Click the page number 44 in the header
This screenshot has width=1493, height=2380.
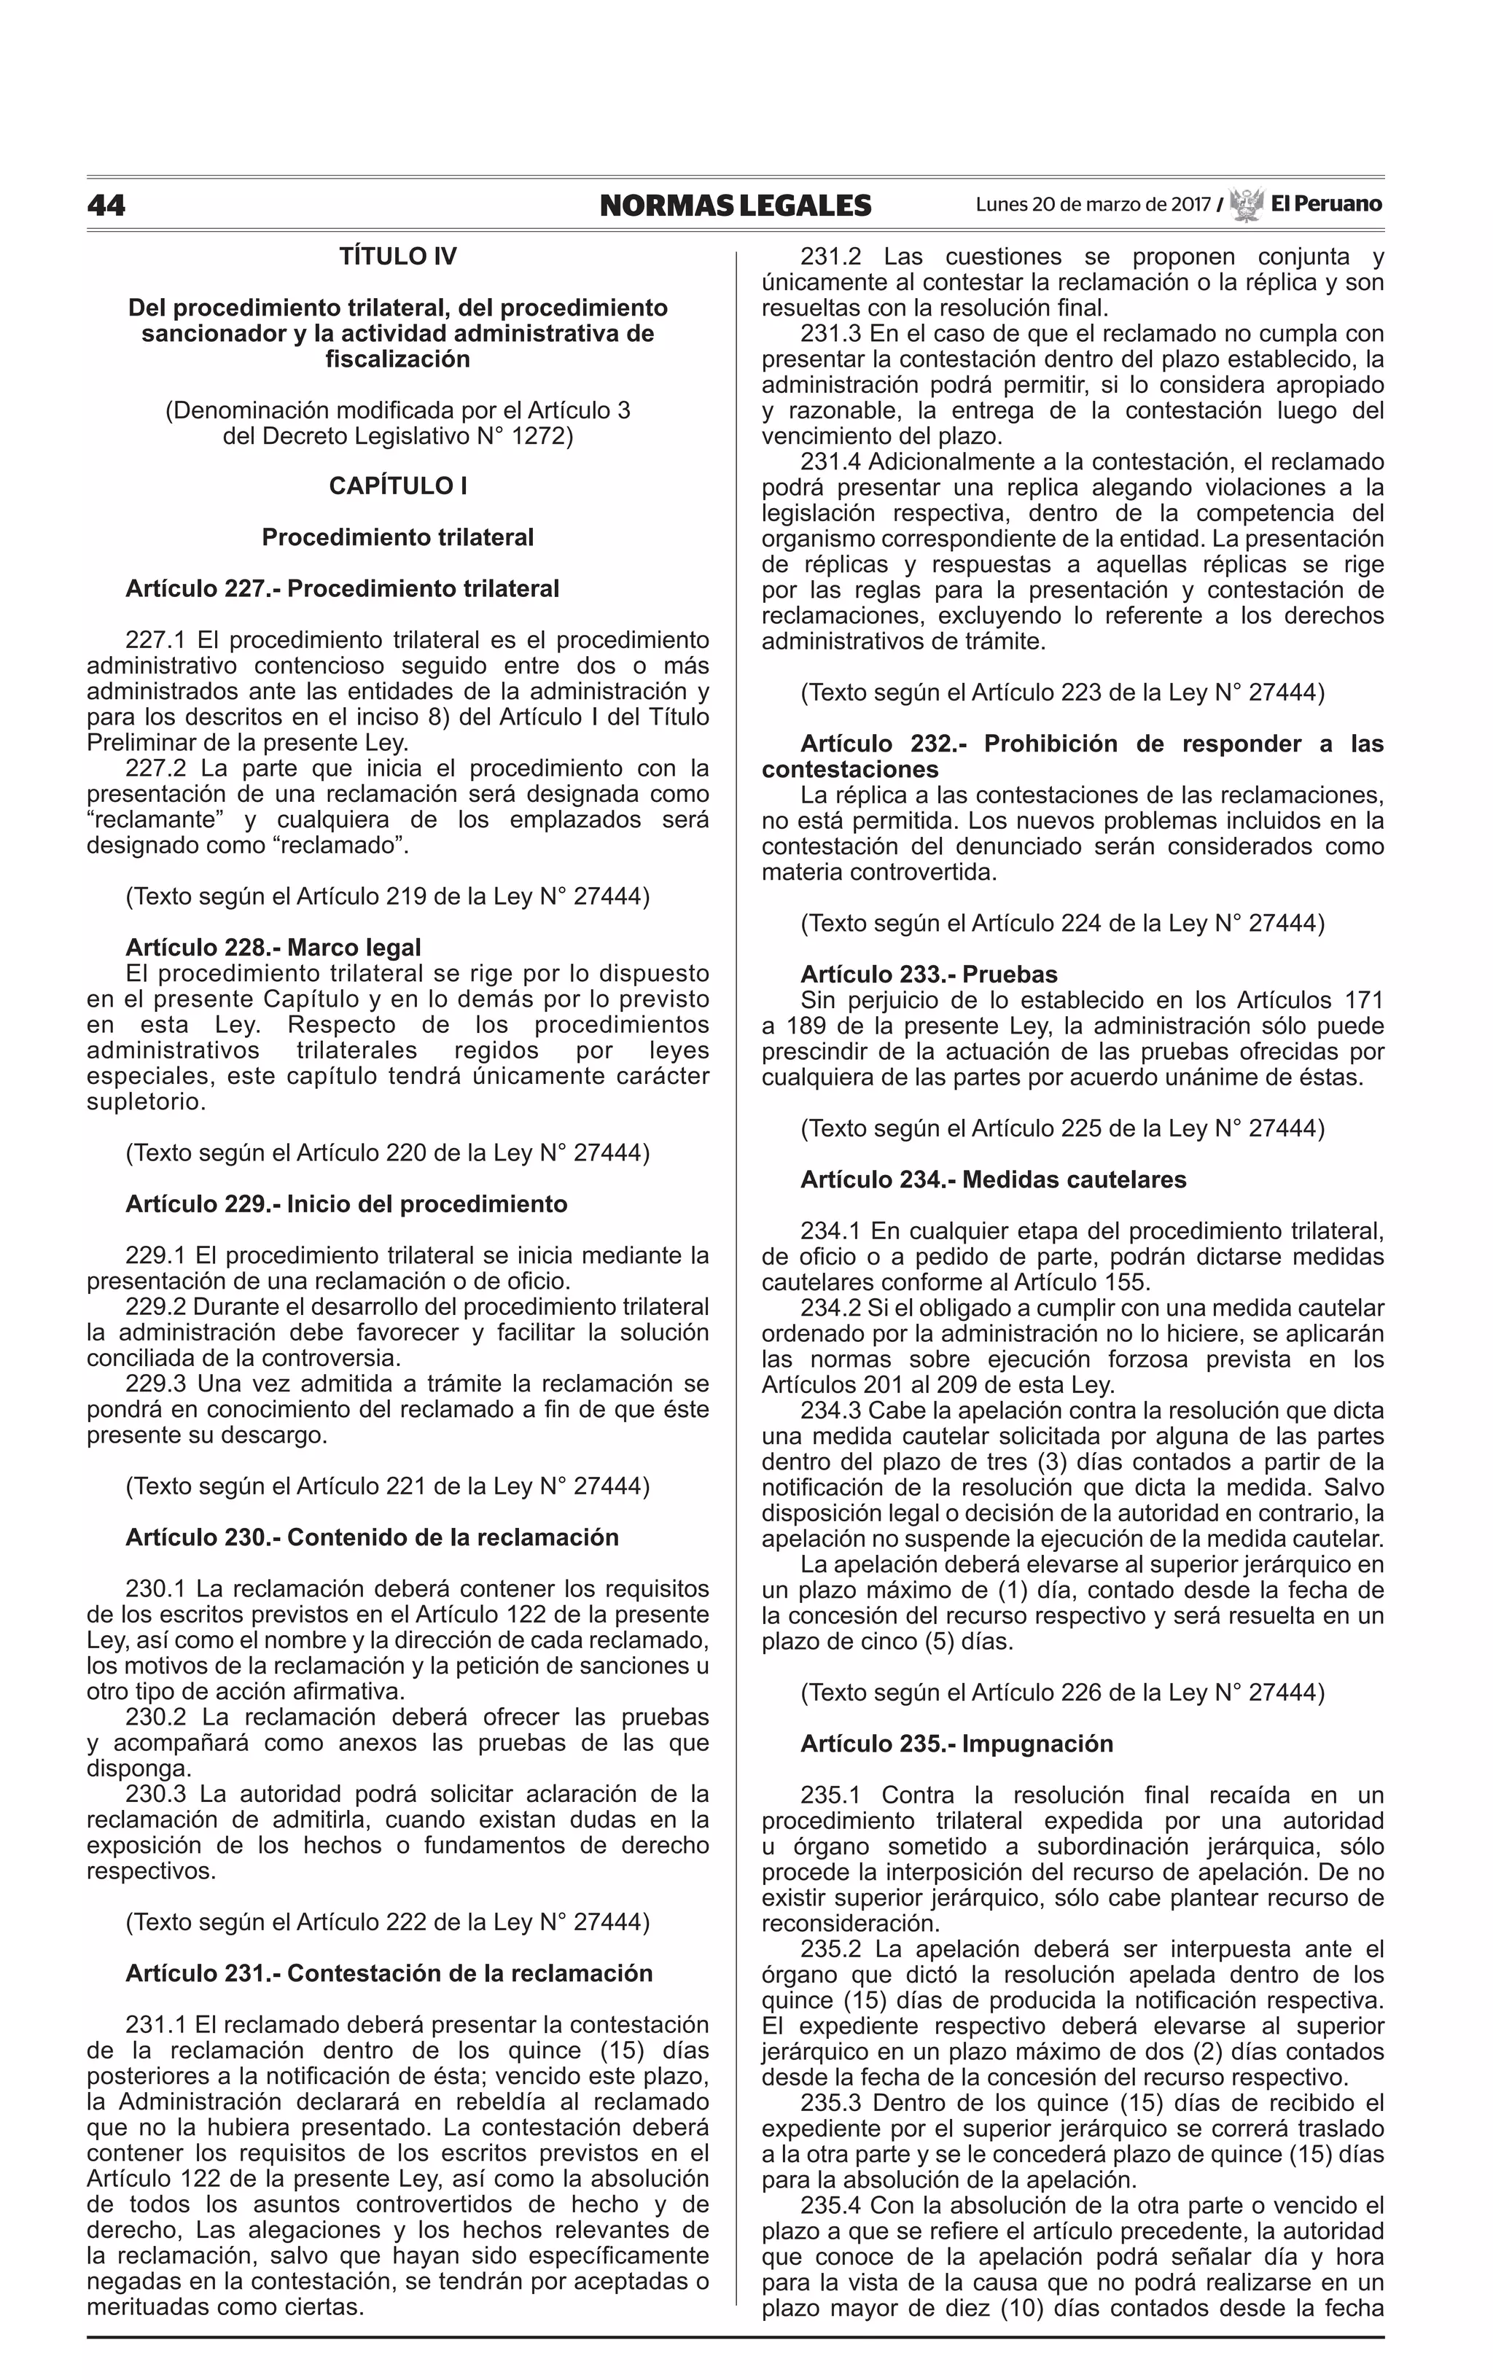click(106, 206)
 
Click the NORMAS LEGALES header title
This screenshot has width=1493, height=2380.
click(735, 206)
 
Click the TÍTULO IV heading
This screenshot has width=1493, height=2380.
click(398, 257)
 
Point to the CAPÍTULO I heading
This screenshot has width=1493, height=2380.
click(398, 485)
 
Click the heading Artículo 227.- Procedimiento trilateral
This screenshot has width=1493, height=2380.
click(342, 588)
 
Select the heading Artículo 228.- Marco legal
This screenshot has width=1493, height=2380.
click(273, 948)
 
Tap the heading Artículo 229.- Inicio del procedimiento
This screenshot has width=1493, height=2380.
click(346, 1204)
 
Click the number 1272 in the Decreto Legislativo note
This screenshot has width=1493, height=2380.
click(534, 435)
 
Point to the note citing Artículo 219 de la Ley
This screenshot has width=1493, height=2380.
click(387, 897)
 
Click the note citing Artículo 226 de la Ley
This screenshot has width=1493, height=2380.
click(1061, 1692)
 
